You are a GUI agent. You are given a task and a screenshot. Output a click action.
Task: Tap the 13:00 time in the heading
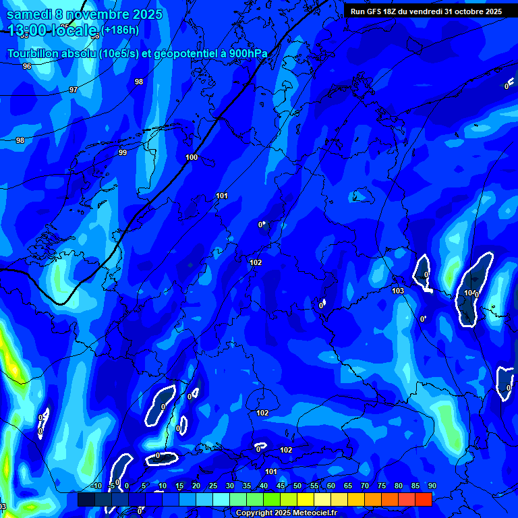28,30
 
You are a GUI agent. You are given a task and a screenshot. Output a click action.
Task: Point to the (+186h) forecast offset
121,30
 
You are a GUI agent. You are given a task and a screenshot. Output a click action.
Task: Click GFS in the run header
375,11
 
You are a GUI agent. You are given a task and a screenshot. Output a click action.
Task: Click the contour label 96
27,66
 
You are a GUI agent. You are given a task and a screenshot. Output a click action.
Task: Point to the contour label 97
74,90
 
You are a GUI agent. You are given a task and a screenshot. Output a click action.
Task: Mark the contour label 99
123,152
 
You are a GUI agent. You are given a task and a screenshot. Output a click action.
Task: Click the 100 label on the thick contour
192,157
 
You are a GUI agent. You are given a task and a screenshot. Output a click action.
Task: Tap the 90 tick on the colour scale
432,486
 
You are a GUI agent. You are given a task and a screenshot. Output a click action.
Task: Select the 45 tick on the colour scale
280,486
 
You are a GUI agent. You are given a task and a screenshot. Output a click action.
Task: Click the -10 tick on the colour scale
96,486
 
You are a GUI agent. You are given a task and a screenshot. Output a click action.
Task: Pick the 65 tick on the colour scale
347,486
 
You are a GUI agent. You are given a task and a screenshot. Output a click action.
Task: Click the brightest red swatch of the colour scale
423,500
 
